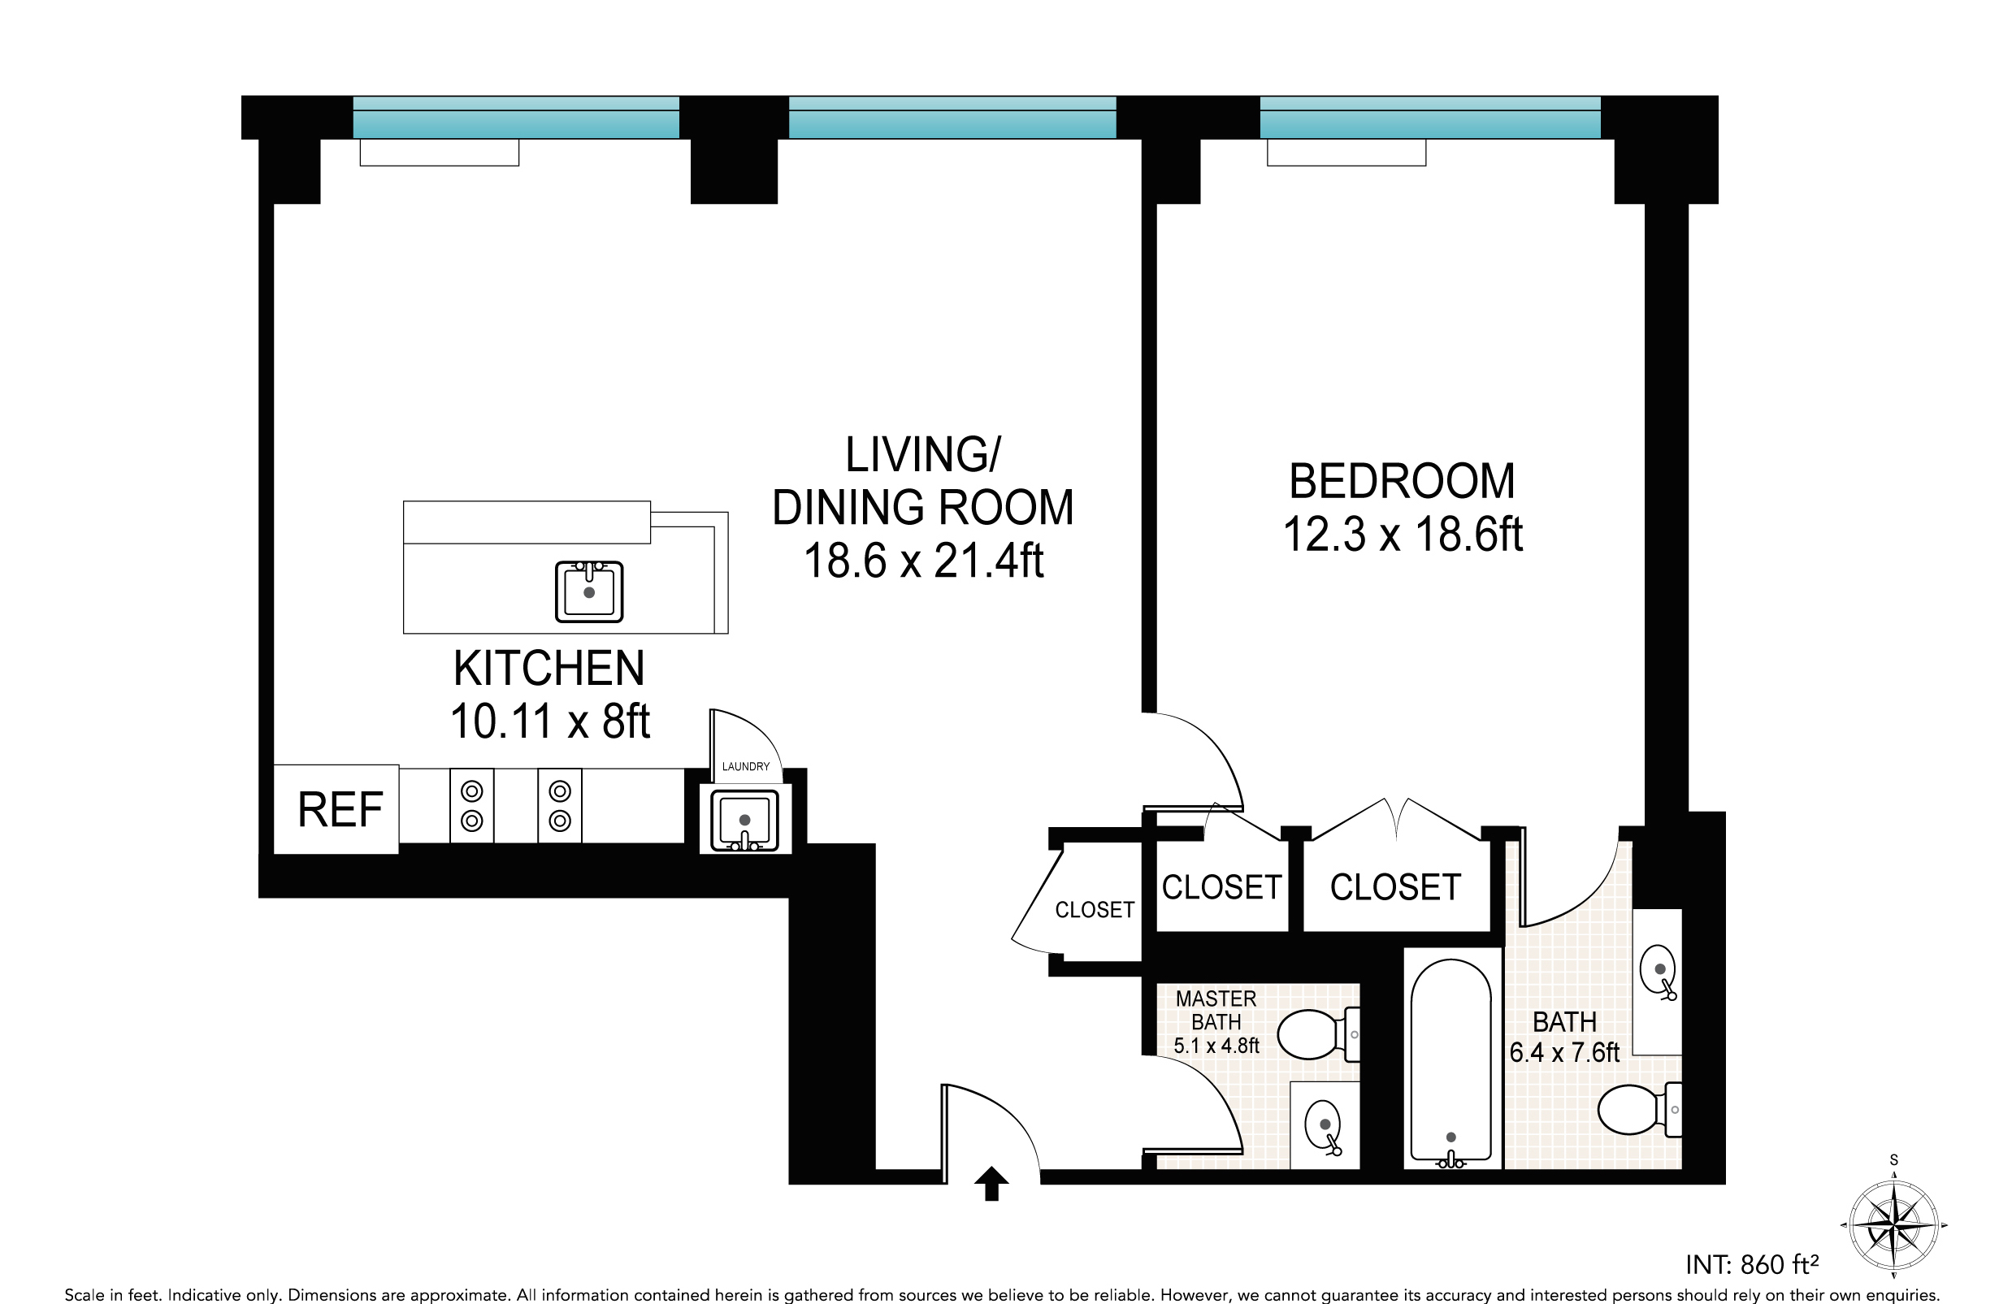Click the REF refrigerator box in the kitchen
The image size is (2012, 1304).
[336, 808]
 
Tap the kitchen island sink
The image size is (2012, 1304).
[589, 591]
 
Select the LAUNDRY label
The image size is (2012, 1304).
[746, 766]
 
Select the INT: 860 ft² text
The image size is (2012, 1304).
[1752, 1265]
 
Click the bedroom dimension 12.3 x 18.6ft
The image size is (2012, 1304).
[1403, 535]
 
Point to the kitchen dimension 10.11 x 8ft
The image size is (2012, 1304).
[549, 721]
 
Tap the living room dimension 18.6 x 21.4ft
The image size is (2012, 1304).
[923, 561]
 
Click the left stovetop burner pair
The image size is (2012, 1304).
[472, 805]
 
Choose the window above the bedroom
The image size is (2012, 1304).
[1430, 117]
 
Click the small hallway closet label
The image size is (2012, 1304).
[1094, 910]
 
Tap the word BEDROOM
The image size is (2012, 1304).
[1402, 482]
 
